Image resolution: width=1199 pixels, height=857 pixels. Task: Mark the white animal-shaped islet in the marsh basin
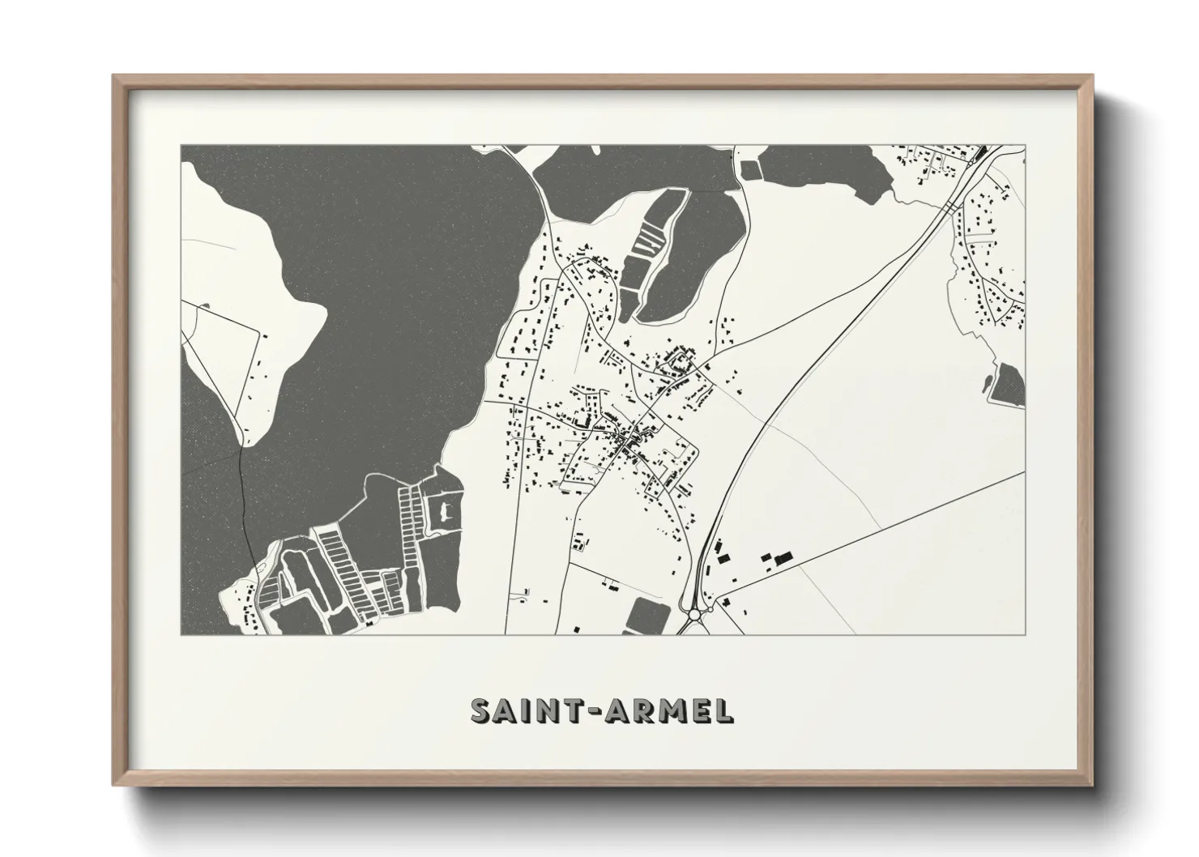[x=442, y=510]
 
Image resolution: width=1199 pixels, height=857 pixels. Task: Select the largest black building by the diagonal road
[x=782, y=559]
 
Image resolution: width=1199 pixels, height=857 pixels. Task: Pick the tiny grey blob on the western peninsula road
[x=206, y=306]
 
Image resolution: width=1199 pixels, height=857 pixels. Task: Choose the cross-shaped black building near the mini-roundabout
[x=723, y=602]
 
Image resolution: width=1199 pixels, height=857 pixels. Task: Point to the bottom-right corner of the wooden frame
[x=1094, y=785]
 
